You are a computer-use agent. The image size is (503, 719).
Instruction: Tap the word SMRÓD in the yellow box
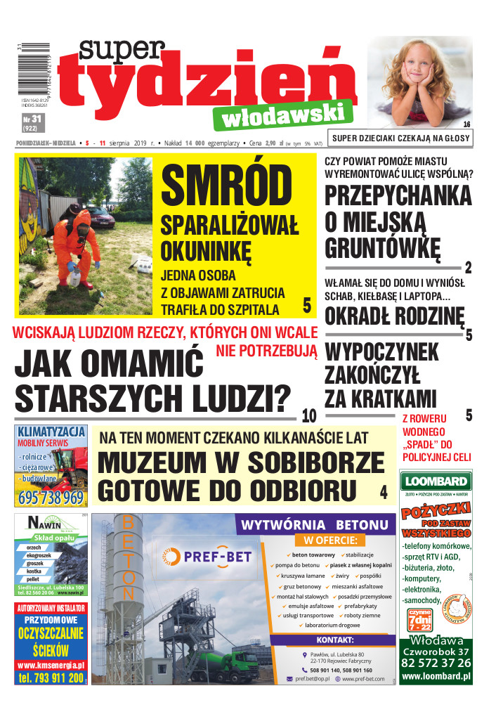pos(226,188)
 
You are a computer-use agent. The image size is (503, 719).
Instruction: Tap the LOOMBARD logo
pos(436,481)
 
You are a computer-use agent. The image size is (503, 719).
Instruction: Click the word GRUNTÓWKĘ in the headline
pos(383,248)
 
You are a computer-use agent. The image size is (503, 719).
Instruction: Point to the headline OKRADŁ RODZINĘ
pos(394,316)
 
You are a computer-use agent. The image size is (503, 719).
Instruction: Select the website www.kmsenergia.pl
pos(51,665)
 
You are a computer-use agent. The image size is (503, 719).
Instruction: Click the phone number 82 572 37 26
pos(436,663)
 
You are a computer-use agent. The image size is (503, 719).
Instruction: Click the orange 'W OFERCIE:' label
pos(330,540)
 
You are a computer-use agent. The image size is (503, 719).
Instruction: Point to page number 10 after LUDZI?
pos(308,414)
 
